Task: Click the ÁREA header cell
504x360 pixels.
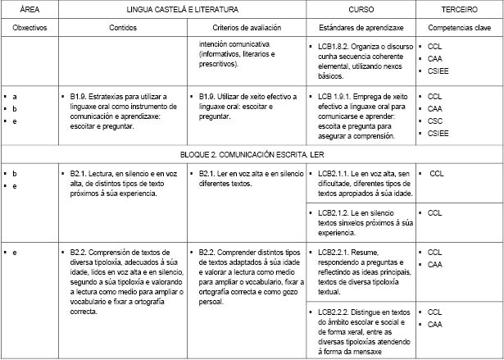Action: [30, 9]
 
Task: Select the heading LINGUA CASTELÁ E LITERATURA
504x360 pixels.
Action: [183, 9]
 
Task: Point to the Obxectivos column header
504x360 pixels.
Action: [30, 28]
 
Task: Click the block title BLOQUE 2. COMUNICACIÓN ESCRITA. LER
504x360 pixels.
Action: [252, 153]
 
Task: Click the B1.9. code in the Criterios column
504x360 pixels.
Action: [210, 97]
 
